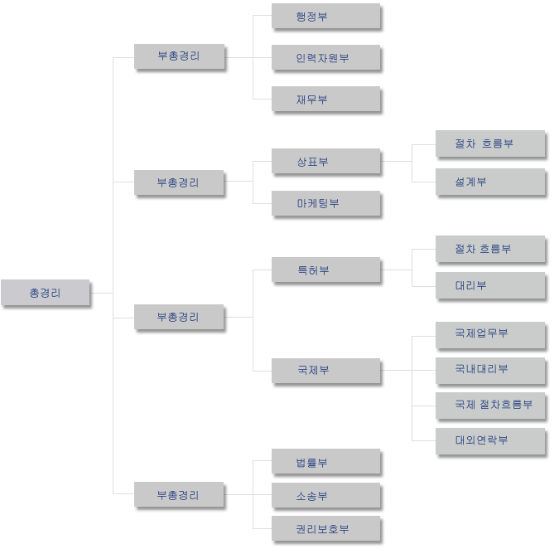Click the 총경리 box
coord(46,293)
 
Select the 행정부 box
coord(325,16)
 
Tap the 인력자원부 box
coord(325,57)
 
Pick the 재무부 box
coord(325,99)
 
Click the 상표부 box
coord(325,162)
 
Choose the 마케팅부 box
coord(325,203)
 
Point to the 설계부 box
coord(490,182)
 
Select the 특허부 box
coord(325,270)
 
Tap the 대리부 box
coord(490,285)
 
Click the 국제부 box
coord(325,371)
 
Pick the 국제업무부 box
coord(490,335)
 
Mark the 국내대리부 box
coord(490,371)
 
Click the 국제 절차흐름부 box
coord(490,406)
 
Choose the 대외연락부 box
coord(490,441)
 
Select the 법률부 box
coord(325,462)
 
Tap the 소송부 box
coord(325,495)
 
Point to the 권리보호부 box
coord(325,528)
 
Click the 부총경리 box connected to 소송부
coord(179,494)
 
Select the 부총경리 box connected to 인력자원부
coord(180,56)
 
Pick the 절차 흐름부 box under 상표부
coord(490,143)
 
